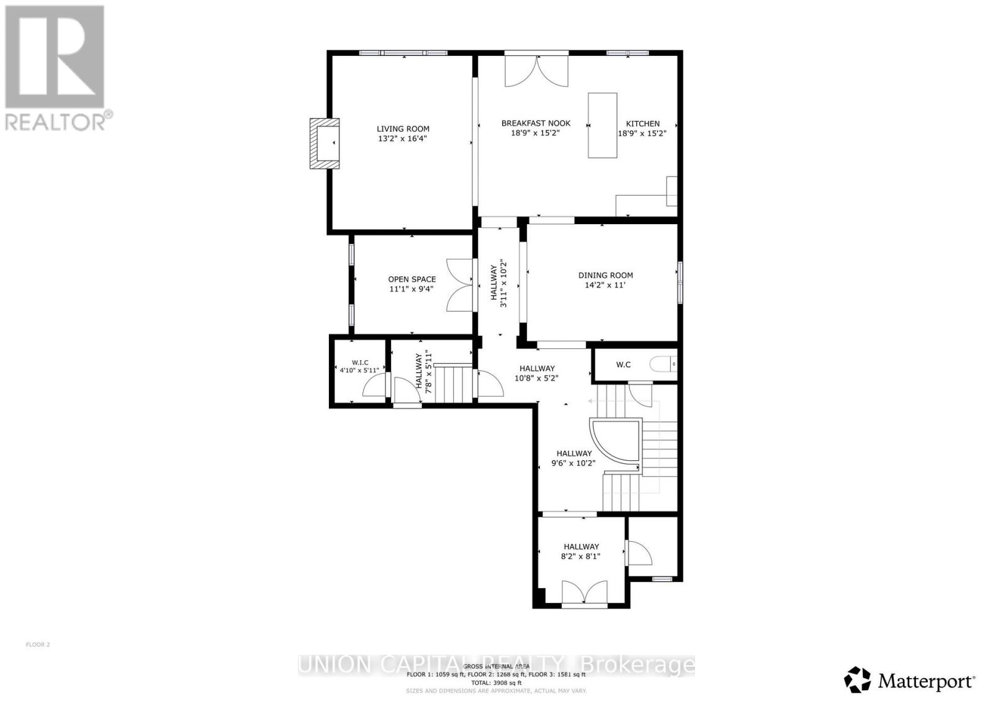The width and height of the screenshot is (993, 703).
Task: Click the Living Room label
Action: pos(403,129)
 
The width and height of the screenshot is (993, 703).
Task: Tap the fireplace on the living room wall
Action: pos(326,143)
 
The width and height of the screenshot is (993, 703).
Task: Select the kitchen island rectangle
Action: pos(602,125)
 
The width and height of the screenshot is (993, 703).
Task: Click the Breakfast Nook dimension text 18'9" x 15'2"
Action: pos(536,133)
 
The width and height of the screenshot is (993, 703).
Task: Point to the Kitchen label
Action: pos(642,124)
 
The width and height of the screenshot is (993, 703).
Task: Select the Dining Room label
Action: pos(605,275)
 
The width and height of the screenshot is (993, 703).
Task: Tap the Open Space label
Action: pos(412,279)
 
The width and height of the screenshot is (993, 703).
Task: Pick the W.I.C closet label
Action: pos(359,362)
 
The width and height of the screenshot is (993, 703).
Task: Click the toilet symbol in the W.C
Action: pos(662,364)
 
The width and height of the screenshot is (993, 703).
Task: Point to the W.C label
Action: pos(623,365)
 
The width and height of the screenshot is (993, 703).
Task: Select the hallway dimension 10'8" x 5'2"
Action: pos(537,378)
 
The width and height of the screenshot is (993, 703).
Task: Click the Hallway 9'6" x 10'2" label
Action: pos(574,453)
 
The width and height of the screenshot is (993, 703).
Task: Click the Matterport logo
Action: pos(909,681)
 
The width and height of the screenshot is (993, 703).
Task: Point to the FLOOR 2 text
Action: pos(38,645)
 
